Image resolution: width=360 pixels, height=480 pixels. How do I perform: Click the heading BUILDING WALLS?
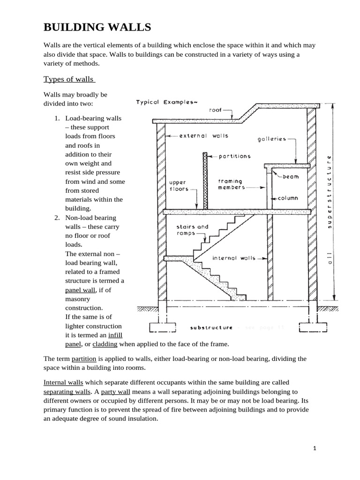pos(97,28)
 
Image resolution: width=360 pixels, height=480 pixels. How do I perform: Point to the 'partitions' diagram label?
pos(234,156)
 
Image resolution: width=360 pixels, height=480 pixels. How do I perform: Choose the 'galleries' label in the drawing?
pos(271,139)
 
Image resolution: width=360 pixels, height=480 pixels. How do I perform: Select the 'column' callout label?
pos(288,198)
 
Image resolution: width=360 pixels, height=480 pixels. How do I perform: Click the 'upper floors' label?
pos(178,185)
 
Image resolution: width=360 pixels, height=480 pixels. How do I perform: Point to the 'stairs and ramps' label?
pos(192,230)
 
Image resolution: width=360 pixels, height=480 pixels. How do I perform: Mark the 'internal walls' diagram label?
pos(234,258)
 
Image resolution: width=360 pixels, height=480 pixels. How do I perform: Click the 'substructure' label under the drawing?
pos(212,327)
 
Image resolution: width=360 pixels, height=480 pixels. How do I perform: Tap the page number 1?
pos(315,449)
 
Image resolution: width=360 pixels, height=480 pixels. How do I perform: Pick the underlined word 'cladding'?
pos(105,344)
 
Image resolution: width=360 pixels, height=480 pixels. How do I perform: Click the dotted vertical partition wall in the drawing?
pos(205,180)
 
